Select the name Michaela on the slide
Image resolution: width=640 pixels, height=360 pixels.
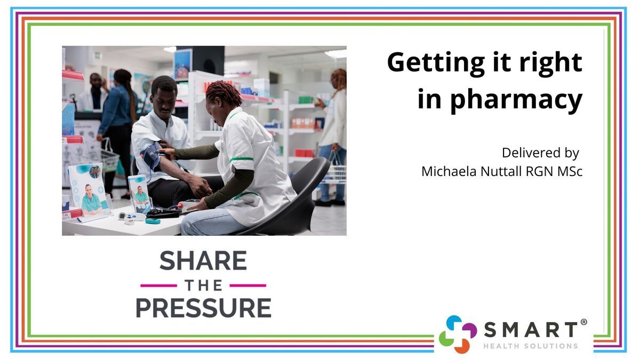coord(450,171)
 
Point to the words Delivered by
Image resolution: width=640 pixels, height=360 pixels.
coord(540,153)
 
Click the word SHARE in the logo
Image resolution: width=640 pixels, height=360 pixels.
coord(203,261)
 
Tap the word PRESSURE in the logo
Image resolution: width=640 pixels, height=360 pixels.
coord(203,308)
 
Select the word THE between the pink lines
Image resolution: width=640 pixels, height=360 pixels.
coord(203,285)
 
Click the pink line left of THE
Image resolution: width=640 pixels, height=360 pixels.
coord(158,285)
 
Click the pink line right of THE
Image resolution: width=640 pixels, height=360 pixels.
coord(248,285)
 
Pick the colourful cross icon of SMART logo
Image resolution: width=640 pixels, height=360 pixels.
coord(458,334)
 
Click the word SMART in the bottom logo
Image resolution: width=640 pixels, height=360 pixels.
coord(531,330)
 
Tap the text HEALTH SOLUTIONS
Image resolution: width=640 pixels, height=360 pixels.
coord(531,346)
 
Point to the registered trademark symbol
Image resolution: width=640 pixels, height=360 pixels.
coord(584,322)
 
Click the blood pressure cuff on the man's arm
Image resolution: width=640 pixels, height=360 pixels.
coord(151,157)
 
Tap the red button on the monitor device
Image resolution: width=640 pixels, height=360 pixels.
coord(180,205)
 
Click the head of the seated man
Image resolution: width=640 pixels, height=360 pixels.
coord(164,95)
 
